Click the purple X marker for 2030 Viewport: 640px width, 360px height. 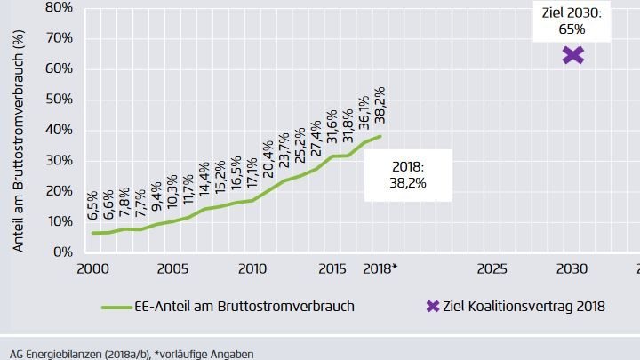point(572,55)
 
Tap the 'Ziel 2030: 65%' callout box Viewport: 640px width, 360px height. point(572,20)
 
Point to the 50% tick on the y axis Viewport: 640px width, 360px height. point(59,99)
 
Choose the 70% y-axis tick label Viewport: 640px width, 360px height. point(59,37)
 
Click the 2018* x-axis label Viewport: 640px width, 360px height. point(381,268)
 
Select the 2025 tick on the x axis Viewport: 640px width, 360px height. point(492,268)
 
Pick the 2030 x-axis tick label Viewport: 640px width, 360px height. point(572,268)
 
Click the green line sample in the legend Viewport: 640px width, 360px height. point(118,306)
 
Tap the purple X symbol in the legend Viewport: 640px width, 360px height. point(433,306)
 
